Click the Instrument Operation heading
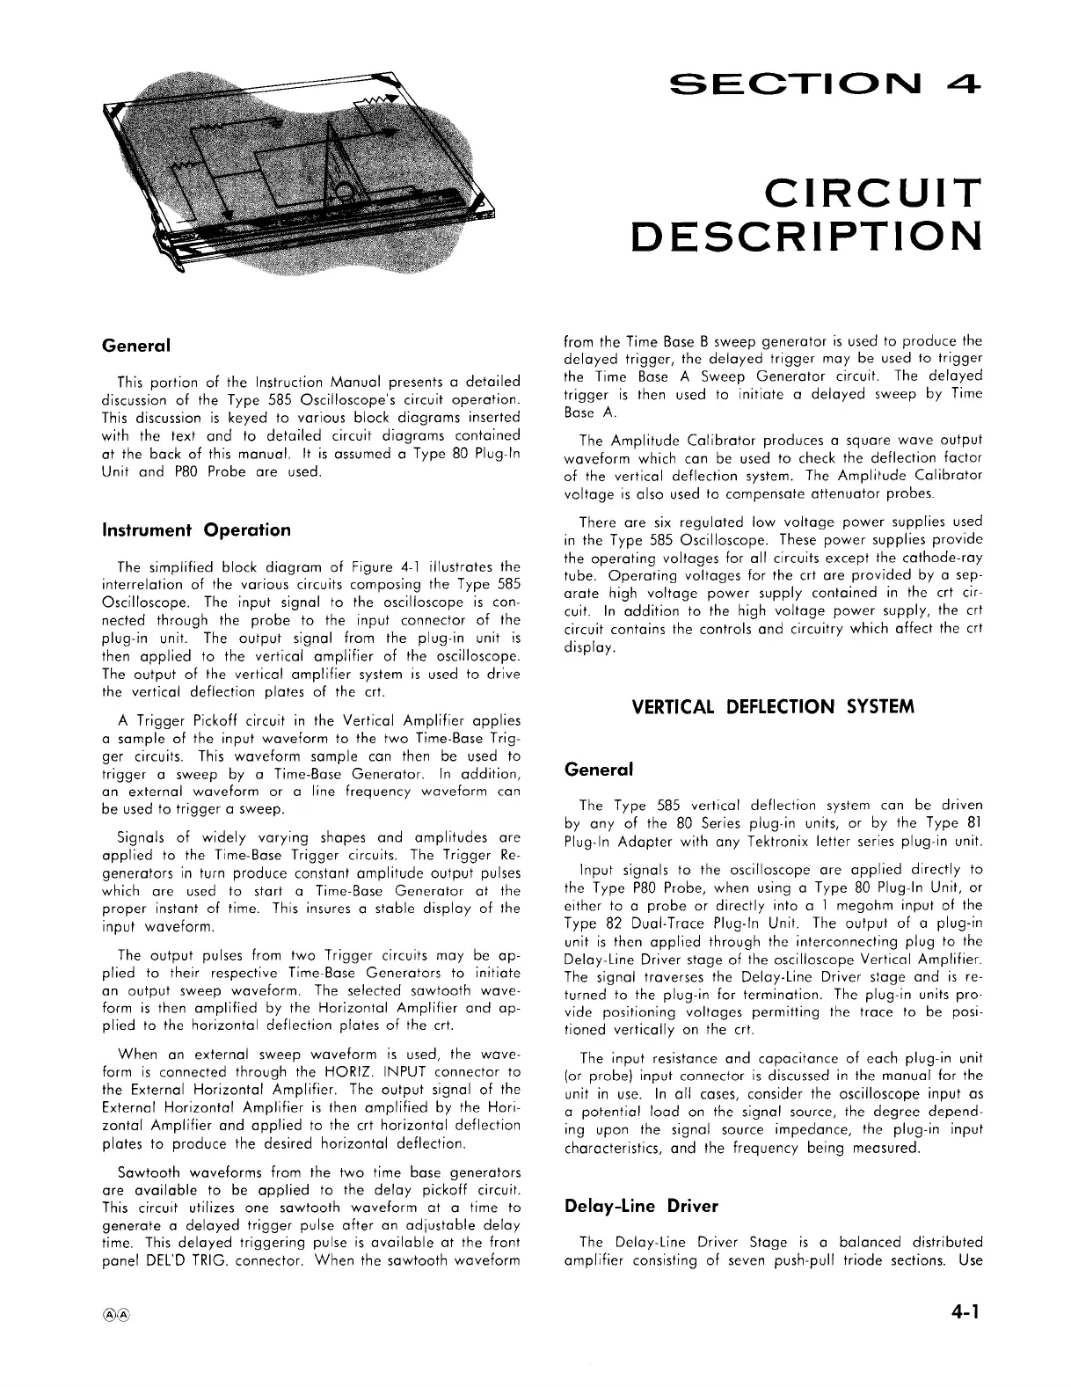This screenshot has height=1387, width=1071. [x=196, y=530]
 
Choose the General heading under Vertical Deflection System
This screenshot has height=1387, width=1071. [x=597, y=769]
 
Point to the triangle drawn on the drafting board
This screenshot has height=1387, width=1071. [x=330, y=163]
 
